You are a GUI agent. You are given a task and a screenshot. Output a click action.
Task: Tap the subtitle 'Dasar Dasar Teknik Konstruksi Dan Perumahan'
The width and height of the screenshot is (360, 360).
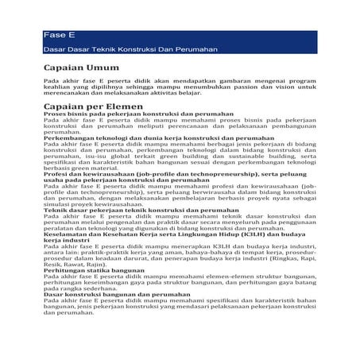tap(119, 50)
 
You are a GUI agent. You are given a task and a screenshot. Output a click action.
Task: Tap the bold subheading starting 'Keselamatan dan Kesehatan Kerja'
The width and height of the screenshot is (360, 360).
tap(151, 234)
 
